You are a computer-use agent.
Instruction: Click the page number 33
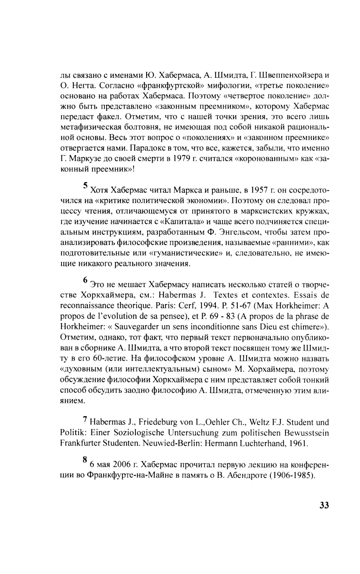pos(324,505)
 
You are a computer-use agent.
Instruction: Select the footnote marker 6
pos(85,280)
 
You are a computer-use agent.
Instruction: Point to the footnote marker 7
pos(85,420)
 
